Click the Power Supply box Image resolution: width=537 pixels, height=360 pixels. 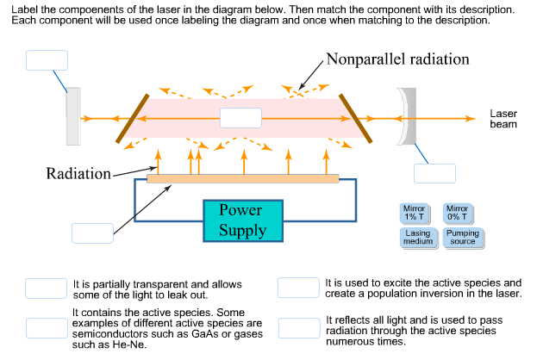[x=242, y=221]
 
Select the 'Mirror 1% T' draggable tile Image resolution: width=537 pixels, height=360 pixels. [x=415, y=214]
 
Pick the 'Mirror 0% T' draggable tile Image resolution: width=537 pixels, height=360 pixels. [x=457, y=214]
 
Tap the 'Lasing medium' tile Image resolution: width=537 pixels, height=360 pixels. [x=417, y=239]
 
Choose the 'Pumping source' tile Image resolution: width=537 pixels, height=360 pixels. [x=463, y=239]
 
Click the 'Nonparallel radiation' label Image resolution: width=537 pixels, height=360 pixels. [x=397, y=59]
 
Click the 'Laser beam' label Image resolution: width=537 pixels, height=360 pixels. [x=503, y=119]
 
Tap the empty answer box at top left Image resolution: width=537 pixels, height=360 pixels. [x=47, y=60]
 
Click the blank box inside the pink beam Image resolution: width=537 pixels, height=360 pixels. [x=240, y=118]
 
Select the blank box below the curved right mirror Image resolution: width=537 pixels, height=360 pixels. [x=434, y=173]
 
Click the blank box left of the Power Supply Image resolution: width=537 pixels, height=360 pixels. [x=92, y=233]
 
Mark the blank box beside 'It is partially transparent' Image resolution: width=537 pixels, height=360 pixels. [x=47, y=289]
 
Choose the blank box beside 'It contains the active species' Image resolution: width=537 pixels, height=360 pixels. [x=47, y=327]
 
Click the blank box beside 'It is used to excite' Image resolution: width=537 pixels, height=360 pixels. [x=298, y=289]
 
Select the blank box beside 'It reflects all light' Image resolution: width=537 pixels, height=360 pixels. [x=298, y=327]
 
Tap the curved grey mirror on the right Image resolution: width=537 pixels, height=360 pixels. [x=406, y=116]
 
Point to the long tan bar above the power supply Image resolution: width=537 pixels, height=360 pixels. [x=242, y=179]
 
